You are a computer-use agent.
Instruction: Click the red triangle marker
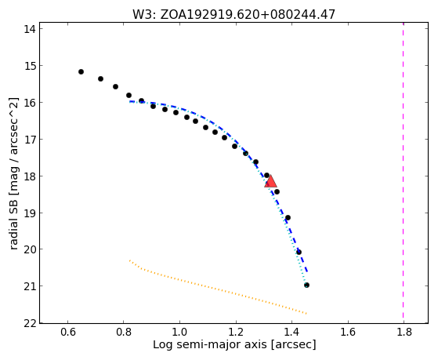pos(270,182)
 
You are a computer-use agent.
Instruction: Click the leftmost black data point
pos(81,72)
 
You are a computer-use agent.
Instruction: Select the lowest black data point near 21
pos(306,285)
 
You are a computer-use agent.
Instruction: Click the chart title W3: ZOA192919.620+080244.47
pos(233,14)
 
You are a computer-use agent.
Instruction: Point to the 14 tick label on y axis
pos(30,29)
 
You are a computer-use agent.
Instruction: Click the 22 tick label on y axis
pos(30,323)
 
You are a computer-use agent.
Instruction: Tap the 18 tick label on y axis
pos(30,176)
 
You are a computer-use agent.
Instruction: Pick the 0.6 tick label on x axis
pos(68,332)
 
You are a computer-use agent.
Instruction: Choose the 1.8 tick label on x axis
pos(404,332)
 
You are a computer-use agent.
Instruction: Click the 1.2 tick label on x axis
pos(236,332)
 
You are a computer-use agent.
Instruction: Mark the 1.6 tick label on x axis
pos(348,332)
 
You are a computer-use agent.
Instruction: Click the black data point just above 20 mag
pos(299,253)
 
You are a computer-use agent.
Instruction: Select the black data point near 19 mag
pos(288,217)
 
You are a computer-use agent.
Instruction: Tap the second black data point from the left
pos(100,79)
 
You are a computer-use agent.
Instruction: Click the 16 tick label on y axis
pos(30,103)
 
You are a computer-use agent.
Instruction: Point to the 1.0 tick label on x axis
pos(180,332)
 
